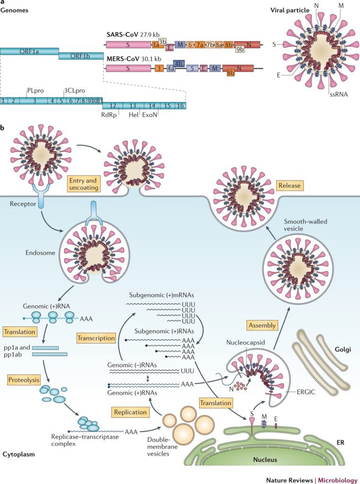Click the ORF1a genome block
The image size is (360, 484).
coord(29,51)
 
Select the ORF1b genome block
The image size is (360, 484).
coord(81,56)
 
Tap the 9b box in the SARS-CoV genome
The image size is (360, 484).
coord(240,48)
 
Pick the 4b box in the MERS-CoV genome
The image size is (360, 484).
coord(179,62)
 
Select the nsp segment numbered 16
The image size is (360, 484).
coord(180,105)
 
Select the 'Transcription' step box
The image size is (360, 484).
coord(97,338)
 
